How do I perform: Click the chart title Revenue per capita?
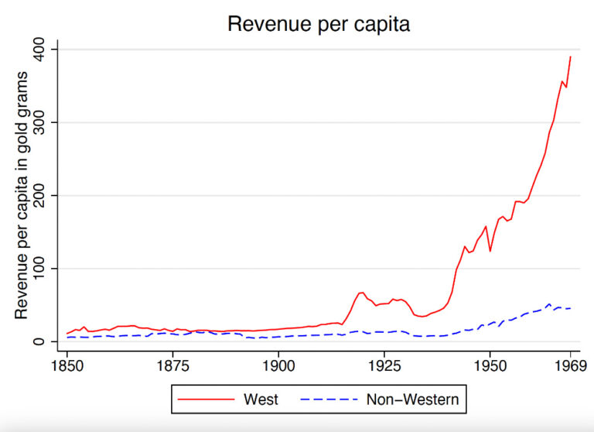[318, 24]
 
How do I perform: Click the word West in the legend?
[261, 399]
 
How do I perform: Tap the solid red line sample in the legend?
[206, 399]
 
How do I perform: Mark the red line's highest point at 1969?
[571, 57]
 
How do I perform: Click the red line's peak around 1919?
[361, 293]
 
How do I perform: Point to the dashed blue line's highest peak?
[549, 304]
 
